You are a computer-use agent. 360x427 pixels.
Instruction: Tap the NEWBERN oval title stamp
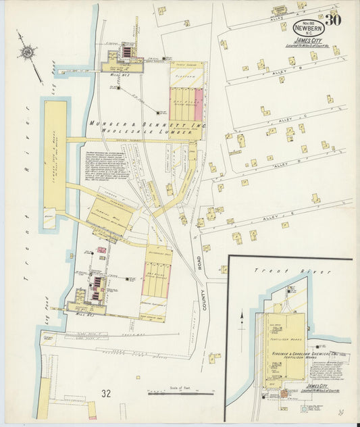point(308,28)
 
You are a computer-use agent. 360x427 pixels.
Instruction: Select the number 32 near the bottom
point(106,393)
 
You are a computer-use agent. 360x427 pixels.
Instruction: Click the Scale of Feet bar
point(177,393)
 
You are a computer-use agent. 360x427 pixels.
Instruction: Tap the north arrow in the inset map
point(242,318)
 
